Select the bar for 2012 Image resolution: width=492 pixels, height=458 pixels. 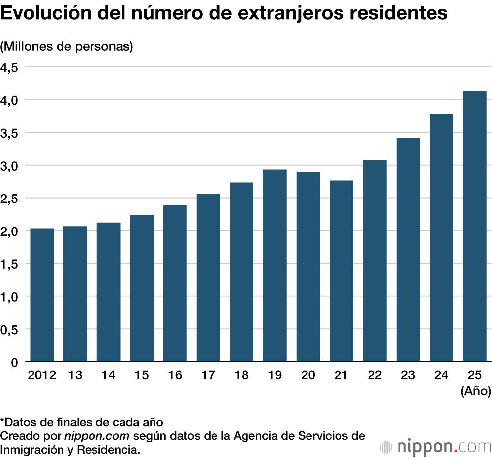(x=42, y=295)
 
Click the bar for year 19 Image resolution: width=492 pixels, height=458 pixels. (x=275, y=265)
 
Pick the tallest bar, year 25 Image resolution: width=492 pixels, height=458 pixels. (x=475, y=227)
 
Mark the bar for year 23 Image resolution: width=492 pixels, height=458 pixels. (x=408, y=250)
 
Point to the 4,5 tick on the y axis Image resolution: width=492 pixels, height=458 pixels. (x=9, y=67)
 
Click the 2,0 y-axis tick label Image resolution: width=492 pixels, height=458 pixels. (x=9, y=231)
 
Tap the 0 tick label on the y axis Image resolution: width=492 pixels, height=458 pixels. (x=14, y=363)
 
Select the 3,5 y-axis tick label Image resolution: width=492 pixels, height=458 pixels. (x=9, y=133)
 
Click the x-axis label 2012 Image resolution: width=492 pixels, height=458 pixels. (x=42, y=375)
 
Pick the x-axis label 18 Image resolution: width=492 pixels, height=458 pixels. (x=242, y=375)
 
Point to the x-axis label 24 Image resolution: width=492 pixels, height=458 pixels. (x=441, y=375)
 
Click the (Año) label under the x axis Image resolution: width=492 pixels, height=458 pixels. (x=475, y=392)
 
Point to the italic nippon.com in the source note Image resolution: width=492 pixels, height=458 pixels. (x=97, y=435)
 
